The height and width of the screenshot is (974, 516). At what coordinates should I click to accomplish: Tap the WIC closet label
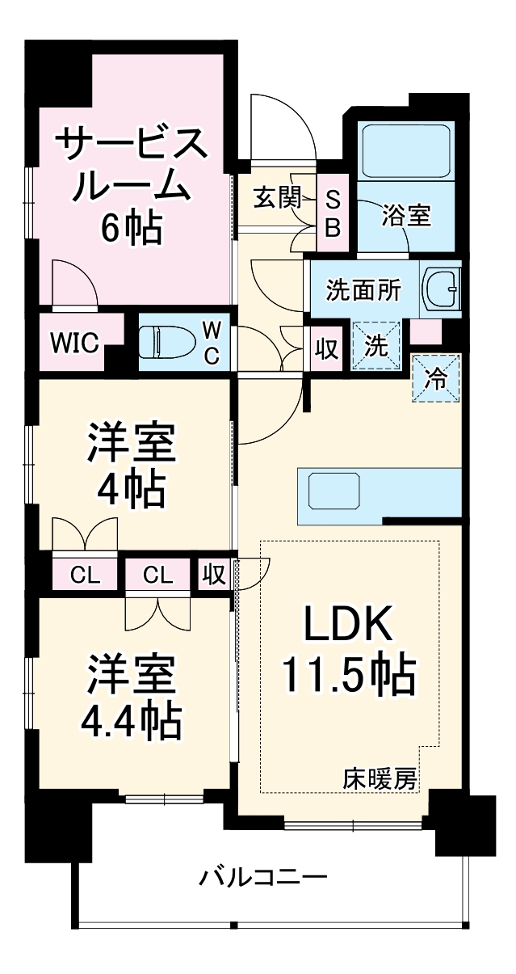tap(75, 343)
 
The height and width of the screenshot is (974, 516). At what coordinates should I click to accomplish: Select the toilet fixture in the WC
tap(166, 342)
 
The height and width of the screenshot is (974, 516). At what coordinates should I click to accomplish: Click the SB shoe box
tap(332, 212)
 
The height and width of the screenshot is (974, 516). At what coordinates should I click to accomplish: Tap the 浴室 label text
tap(405, 216)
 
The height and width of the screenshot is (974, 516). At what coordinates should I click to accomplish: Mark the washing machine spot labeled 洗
tap(376, 345)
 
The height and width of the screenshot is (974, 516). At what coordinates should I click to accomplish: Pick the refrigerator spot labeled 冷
tap(436, 378)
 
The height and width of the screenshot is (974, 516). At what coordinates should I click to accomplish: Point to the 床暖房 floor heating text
tap(380, 779)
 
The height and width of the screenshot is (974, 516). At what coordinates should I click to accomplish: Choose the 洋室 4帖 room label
tap(132, 463)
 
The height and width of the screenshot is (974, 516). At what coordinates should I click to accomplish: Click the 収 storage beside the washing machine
tap(326, 348)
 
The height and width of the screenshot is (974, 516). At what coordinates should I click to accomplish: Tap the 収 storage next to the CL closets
tap(214, 575)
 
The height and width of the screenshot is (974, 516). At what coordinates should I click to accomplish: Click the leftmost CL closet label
tap(85, 575)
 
